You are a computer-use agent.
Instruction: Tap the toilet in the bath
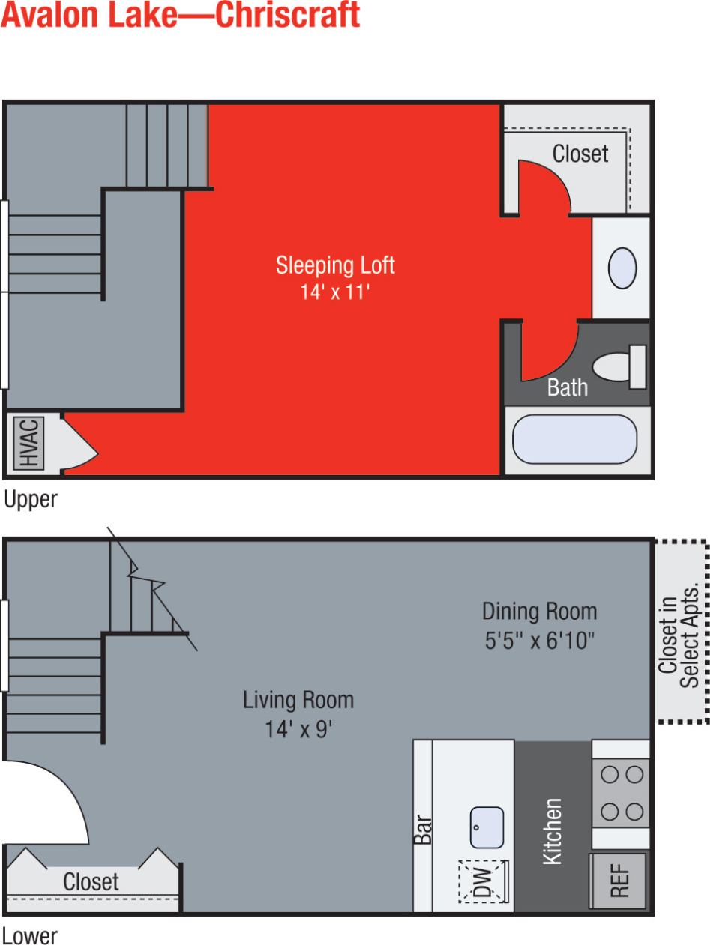tap(621, 367)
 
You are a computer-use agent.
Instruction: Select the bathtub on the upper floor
tap(574, 439)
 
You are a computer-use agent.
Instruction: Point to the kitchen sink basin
tap(487, 827)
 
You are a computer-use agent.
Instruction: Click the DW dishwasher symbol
tap(484, 881)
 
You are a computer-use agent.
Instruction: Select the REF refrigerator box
tap(618, 881)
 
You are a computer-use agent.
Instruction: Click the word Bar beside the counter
tap(423, 830)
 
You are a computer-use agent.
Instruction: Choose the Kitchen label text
tap(552, 831)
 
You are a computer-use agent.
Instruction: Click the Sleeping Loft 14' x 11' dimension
tap(335, 292)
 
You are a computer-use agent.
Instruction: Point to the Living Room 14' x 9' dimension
tap(298, 729)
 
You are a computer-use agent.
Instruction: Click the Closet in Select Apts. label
tap(679, 641)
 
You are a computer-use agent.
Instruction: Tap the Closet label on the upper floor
tap(580, 154)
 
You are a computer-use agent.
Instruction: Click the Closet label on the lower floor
tap(91, 881)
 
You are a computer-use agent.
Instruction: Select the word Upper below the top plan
tap(31, 499)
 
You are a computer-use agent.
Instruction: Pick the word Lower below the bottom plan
tap(30, 935)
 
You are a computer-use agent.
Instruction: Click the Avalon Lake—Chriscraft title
tap(180, 16)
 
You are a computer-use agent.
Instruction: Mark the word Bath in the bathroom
tap(567, 387)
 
